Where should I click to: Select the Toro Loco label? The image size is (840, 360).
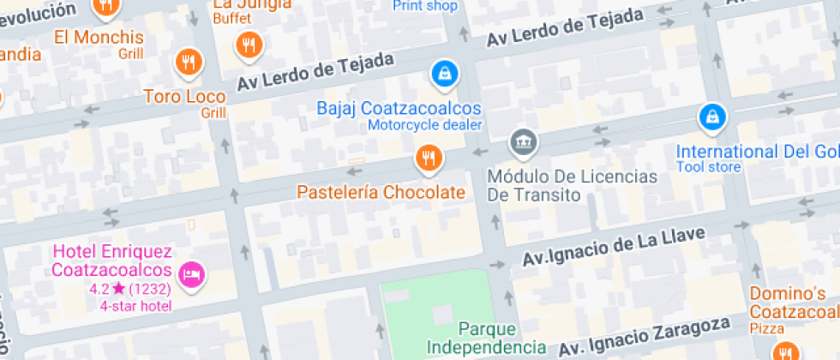tap(184, 96)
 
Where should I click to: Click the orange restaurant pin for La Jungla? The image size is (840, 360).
tap(249, 44)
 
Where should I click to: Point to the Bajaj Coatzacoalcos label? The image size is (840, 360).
tap(399, 109)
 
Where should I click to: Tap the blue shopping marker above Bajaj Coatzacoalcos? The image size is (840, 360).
tap(444, 74)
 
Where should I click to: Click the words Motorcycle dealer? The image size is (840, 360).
tap(425, 125)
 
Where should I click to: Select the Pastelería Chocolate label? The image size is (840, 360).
tap(381, 192)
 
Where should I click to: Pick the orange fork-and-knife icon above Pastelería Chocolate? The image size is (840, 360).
tap(428, 158)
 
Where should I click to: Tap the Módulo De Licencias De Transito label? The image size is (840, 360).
tap(572, 185)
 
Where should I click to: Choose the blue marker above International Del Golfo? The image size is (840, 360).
tap(711, 117)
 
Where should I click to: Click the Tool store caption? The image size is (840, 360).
tap(708, 167)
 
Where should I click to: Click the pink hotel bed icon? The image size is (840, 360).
tap(192, 274)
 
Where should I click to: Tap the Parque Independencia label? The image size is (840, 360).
tap(486, 338)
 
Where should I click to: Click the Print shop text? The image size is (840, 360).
tap(424, 6)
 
